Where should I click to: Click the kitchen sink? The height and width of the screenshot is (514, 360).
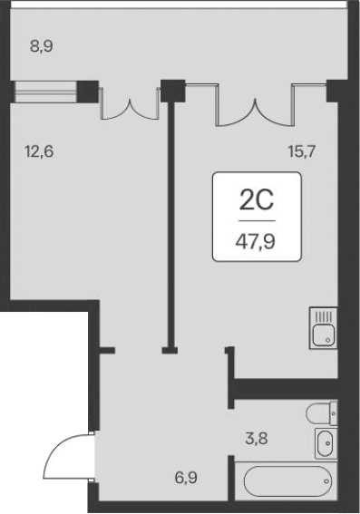[324, 328]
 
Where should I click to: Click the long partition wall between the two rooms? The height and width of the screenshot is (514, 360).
[169, 218]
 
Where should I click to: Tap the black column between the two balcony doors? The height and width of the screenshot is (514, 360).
[171, 91]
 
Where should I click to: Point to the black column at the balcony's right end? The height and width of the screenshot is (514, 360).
[333, 90]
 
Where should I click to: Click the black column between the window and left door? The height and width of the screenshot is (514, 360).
[88, 91]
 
